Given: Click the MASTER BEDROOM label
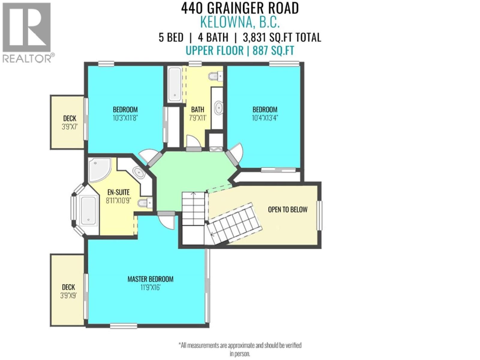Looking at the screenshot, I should [x=150, y=279].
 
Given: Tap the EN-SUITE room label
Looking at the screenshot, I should [x=118, y=192].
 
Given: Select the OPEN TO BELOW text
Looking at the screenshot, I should [x=287, y=209].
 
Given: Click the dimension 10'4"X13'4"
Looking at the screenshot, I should [x=265, y=118].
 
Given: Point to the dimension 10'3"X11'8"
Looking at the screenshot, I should [x=125, y=118].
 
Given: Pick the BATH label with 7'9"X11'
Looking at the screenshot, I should [x=197, y=109].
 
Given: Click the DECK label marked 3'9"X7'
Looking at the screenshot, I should [x=70, y=118].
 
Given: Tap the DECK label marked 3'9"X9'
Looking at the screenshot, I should [x=68, y=287].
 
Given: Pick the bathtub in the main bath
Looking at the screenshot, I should [x=175, y=84].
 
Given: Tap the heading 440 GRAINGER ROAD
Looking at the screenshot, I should [x=240, y=8].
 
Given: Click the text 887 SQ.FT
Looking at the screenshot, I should [x=273, y=50].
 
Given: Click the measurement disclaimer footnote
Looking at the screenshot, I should [x=240, y=349].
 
